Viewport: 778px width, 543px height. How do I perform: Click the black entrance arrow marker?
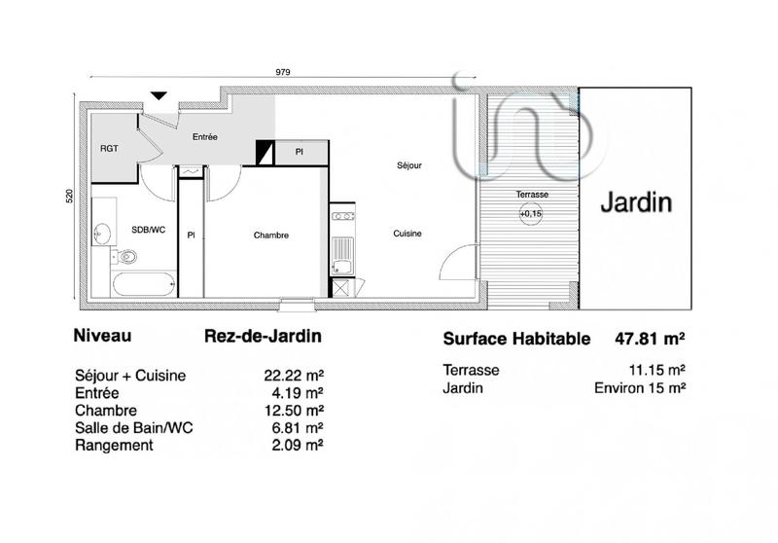coord(159,94)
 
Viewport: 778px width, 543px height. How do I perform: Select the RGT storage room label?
coord(109,149)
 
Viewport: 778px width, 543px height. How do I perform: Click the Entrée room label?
coord(204,137)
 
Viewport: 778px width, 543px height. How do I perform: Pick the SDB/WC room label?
coord(148,229)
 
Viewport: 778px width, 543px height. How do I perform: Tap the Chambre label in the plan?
coord(271,235)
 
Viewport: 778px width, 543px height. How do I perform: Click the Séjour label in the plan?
coord(409,165)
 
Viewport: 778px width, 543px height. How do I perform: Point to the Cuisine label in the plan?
coord(407,234)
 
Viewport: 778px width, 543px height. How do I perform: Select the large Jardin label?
coord(635,203)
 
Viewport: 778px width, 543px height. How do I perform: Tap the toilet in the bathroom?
coord(124,257)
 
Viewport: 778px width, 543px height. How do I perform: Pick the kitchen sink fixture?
coord(342,265)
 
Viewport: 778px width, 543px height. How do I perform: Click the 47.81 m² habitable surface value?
coord(650,340)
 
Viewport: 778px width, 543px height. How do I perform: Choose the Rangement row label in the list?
coord(113,446)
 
